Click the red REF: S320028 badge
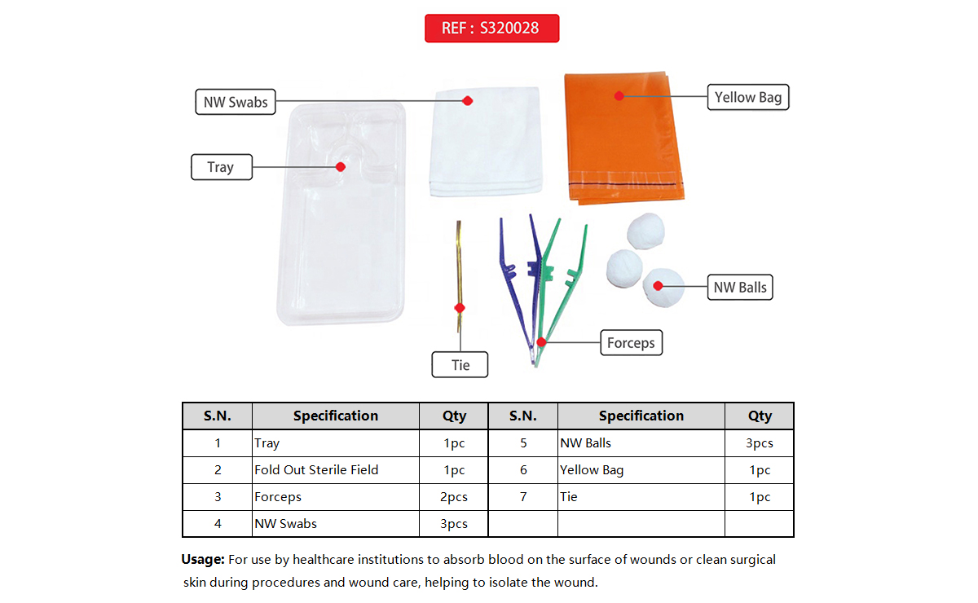[x=491, y=29]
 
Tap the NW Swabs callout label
[x=236, y=103]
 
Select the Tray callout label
[x=220, y=167]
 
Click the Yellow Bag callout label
[x=747, y=98]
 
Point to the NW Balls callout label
[x=739, y=288]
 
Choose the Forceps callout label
[x=631, y=343]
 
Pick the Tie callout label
[x=460, y=365]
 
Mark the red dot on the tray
[x=341, y=166]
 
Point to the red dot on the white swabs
[x=468, y=101]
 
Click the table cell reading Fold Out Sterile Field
[x=316, y=470]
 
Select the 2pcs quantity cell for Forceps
[x=454, y=497]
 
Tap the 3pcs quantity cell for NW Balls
[x=759, y=443]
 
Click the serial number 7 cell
[x=522, y=497]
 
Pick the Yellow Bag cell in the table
[x=592, y=470]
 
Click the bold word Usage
[x=202, y=560]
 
